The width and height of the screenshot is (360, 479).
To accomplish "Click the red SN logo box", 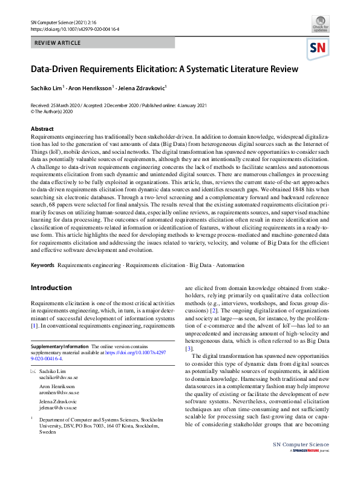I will (318, 48).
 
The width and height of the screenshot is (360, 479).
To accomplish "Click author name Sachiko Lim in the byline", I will (50, 88).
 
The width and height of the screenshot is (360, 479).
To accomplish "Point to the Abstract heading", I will (42, 129).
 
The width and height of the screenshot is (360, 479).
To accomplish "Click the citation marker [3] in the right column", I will (189, 348).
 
